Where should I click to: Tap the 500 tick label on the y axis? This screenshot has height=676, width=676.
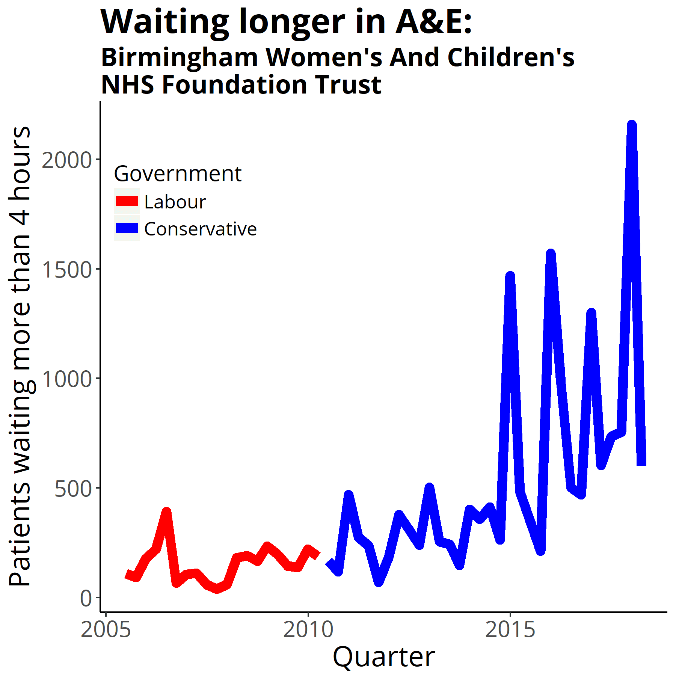(73, 489)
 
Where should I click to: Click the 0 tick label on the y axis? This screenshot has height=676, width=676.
(86, 598)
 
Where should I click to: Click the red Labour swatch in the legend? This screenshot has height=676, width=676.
(127, 201)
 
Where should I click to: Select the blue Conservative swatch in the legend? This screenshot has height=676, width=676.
(127, 228)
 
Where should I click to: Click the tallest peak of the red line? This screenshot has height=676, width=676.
(166, 512)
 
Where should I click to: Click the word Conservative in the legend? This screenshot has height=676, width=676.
(200, 229)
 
